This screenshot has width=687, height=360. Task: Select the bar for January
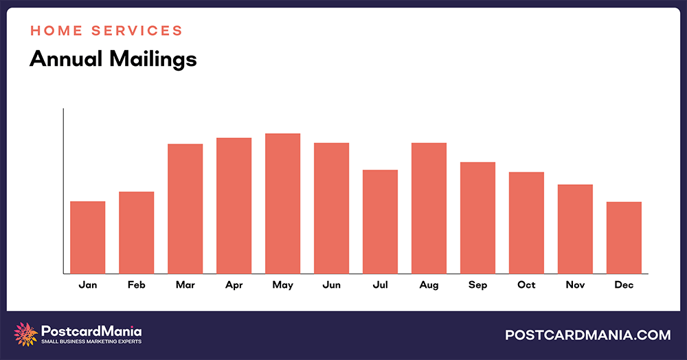point(88,237)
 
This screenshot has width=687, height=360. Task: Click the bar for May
point(282,203)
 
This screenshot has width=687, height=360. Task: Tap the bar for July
point(380,221)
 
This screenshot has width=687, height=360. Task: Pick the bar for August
point(429,208)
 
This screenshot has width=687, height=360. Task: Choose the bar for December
point(624,238)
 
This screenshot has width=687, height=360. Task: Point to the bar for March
point(185,209)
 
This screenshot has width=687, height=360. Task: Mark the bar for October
point(526,223)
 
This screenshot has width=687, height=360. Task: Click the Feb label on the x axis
point(136,284)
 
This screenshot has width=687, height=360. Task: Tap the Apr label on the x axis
point(234,284)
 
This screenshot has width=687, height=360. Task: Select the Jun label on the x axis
point(331,284)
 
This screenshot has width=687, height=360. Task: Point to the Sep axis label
point(477,284)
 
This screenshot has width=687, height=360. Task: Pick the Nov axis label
point(575,284)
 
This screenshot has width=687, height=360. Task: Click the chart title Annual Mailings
point(113,59)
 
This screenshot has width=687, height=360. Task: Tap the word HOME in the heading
point(54,31)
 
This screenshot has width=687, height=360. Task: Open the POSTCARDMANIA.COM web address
point(587,335)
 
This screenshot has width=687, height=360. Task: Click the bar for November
point(575,229)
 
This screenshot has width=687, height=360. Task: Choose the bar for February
point(136,232)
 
